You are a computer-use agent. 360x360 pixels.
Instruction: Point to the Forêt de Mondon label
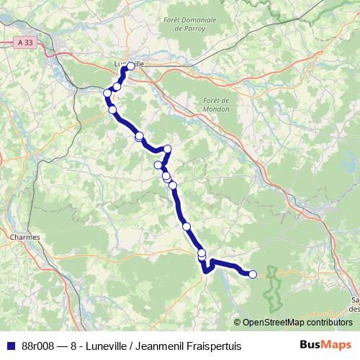pyautogui.click(x=216, y=104)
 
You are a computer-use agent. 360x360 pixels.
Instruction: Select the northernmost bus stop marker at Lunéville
pyautogui.click(x=130, y=66)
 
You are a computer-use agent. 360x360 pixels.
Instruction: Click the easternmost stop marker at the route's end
pyautogui.click(x=252, y=274)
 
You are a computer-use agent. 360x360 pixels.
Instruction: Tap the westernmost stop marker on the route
pyautogui.click(x=107, y=93)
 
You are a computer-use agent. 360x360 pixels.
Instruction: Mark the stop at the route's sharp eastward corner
pyautogui.click(x=168, y=149)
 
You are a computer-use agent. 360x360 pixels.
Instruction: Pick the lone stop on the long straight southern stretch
pyautogui.click(x=186, y=226)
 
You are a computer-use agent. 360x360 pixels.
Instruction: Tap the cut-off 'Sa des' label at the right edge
pyautogui.click(x=354, y=303)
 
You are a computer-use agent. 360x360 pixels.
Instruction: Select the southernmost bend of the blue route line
pyautogui.click(x=206, y=271)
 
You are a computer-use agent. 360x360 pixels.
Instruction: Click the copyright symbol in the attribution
pyautogui.click(x=238, y=323)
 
